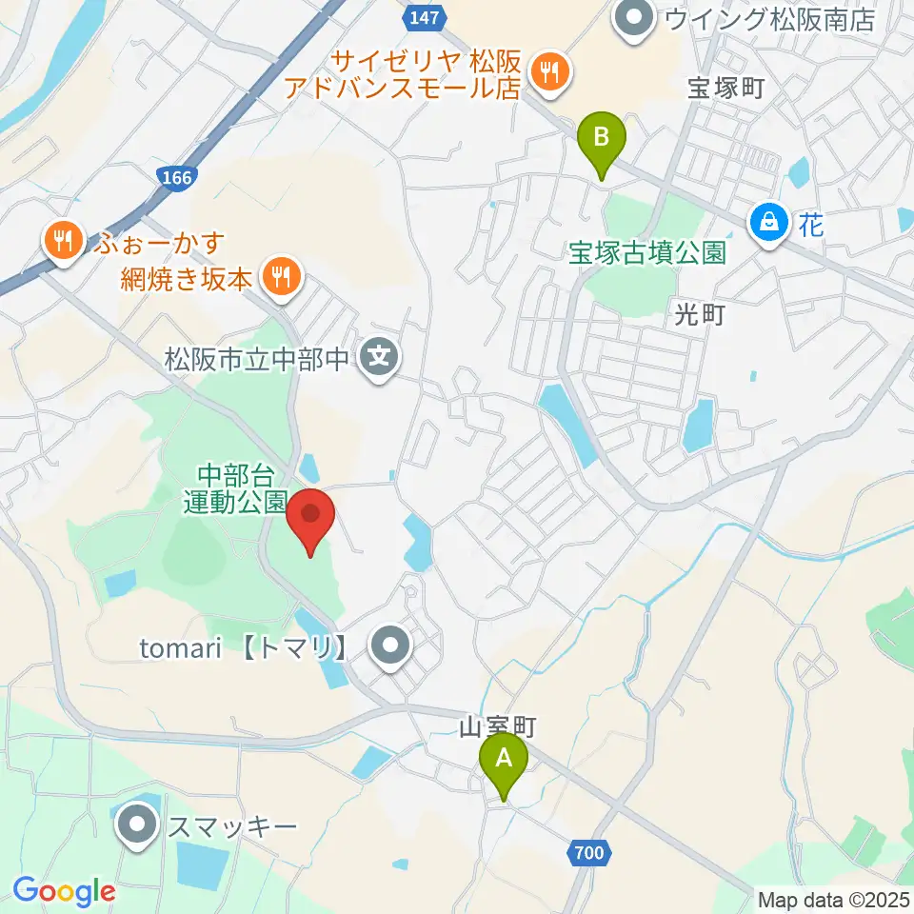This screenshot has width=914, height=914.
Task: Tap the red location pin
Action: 310,517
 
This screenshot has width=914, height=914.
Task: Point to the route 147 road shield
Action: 417,16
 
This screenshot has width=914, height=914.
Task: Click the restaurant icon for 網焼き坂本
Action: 280,278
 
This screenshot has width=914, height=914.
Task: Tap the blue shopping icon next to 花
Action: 768,224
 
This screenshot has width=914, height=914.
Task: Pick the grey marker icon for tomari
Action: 388,647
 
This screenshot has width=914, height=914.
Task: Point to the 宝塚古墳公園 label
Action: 647,252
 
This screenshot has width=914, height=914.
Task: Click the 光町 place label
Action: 700,315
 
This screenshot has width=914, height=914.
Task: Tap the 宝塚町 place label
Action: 725,89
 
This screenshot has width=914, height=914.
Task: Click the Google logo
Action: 64,892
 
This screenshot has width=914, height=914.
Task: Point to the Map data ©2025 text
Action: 832,898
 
